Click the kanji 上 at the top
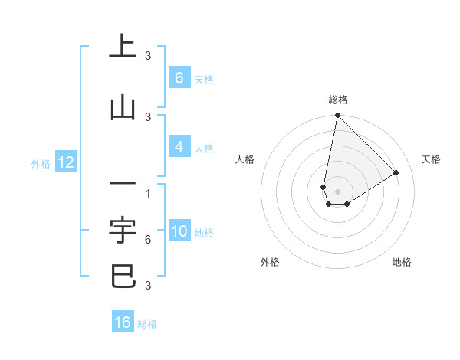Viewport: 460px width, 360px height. pyautogui.click(x=123, y=46)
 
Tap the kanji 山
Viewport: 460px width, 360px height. pyautogui.click(x=123, y=108)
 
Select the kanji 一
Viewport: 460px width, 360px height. pyautogui.click(x=123, y=184)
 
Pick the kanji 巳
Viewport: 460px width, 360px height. pyautogui.click(x=123, y=275)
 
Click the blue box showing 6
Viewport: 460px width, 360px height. pyautogui.click(x=179, y=78)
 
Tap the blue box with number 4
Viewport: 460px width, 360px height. pyautogui.click(x=179, y=147)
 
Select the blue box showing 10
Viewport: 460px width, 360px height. pyautogui.click(x=179, y=231)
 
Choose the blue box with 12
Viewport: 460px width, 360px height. pyautogui.click(x=65, y=162)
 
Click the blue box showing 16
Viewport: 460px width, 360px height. pyautogui.click(x=123, y=322)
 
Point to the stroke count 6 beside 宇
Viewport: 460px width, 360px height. pyautogui.click(x=147, y=240)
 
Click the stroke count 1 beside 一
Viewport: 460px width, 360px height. pyautogui.click(x=147, y=193)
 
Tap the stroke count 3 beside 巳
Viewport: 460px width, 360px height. pyautogui.click(x=147, y=286)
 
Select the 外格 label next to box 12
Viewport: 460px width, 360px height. pyautogui.click(x=41, y=163)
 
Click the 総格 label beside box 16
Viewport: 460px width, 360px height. pyautogui.click(x=147, y=324)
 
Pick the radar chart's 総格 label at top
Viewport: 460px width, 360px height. pyautogui.click(x=338, y=100)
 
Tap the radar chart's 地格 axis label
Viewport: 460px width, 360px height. pyautogui.click(x=402, y=262)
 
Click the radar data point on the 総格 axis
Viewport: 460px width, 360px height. pyautogui.click(x=337, y=116)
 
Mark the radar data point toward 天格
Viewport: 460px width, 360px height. pyautogui.click(x=396, y=173)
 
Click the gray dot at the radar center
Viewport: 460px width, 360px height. pyautogui.click(x=337, y=191)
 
